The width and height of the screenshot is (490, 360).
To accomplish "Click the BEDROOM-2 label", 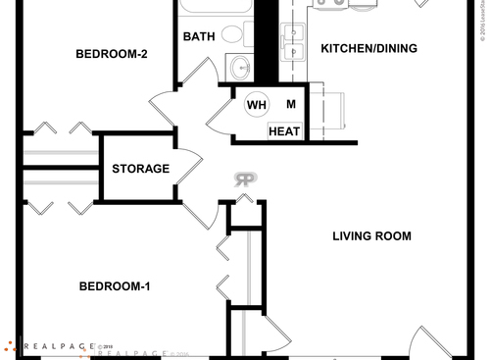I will pyautogui.click(x=112, y=54).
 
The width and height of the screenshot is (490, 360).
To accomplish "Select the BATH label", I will pyautogui.click(x=199, y=37).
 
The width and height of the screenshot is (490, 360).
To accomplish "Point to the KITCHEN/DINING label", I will pyautogui.click(x=369, y=48).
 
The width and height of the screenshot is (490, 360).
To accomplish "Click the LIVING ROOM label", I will pyautogui.click(x=371, y=236).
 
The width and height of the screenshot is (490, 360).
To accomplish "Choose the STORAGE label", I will pyautogui.click(x=140, y=169).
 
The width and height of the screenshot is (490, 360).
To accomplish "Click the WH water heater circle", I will pyautogui.click(x=257, y=105).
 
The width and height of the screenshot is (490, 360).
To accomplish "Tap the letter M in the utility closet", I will pyautogui.click(x=291, y=104).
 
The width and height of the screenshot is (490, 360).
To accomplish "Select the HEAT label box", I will pyautogui.click(x=284, y=131).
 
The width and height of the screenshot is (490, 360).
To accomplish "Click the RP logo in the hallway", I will pyautogui.click(x=245, y=180).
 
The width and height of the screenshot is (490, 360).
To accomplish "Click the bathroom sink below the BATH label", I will pyautogui.click(x=238, y=69).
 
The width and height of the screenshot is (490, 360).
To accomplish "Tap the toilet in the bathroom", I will pyautogui.click(x=232, y=33).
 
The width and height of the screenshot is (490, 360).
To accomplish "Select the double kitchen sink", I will pyautogui.click(x=291, y=43).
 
